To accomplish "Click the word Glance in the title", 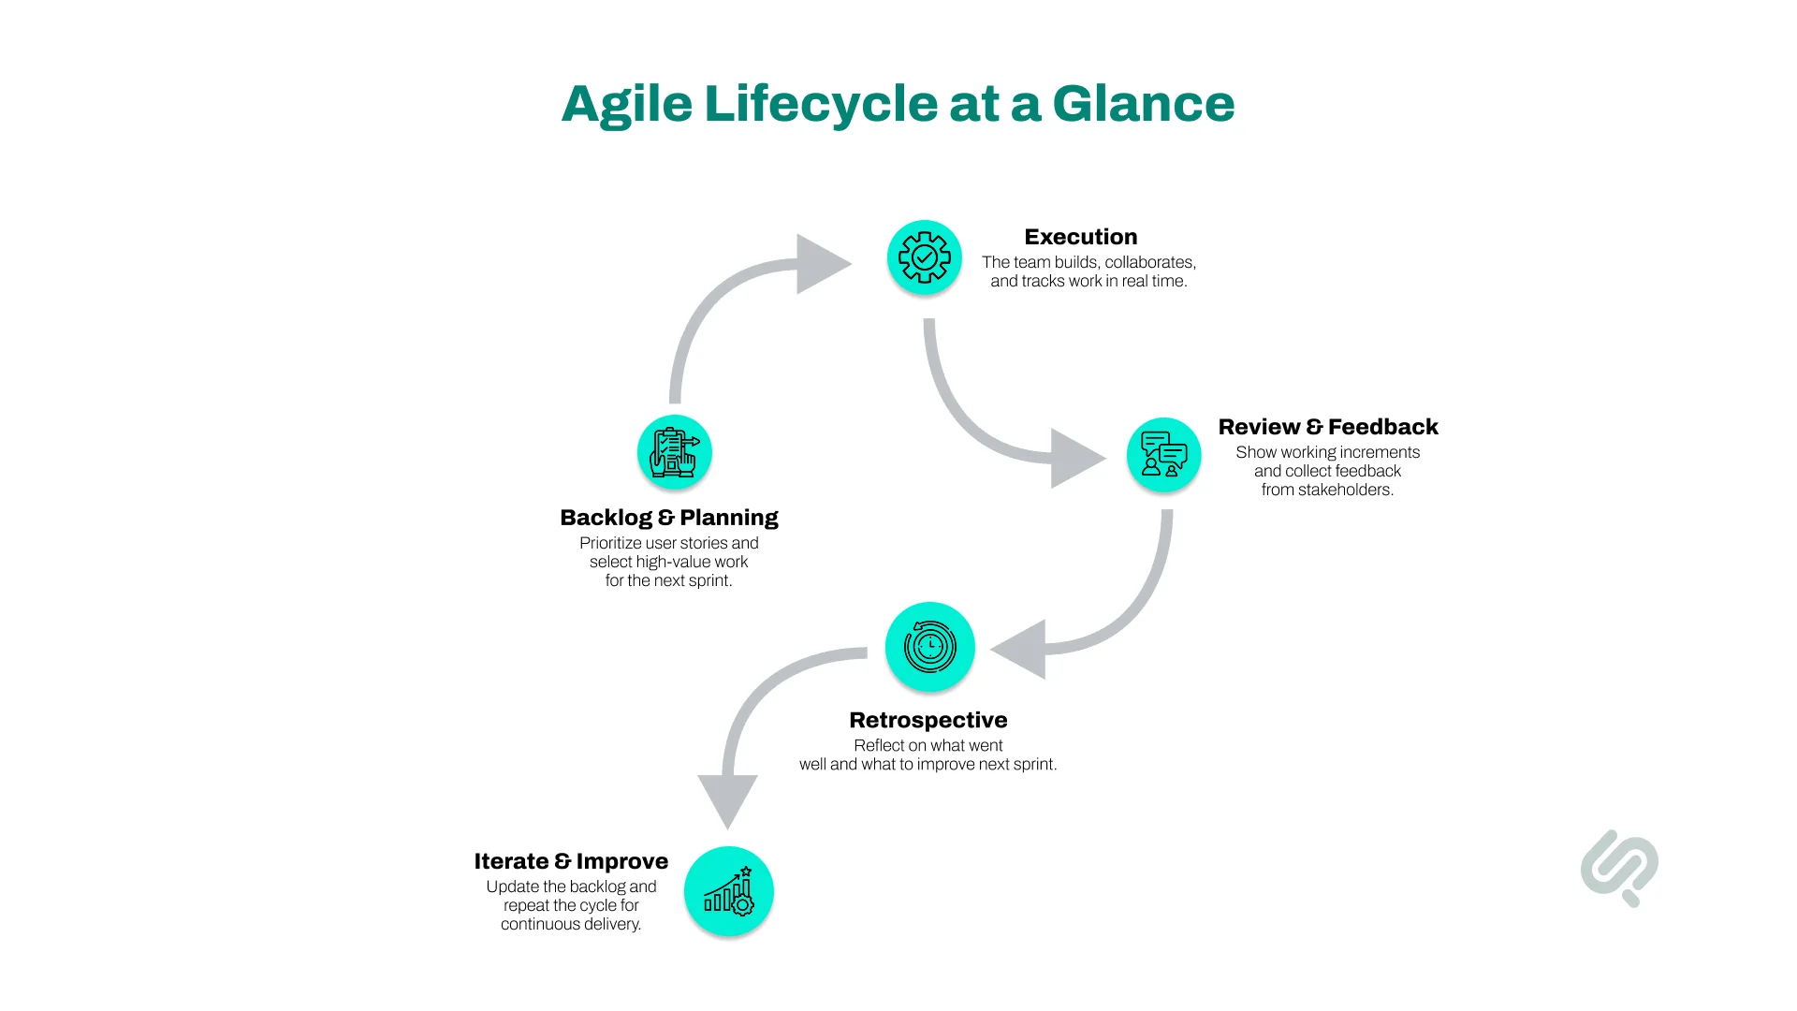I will pyautogui.click(x=1143, y=104).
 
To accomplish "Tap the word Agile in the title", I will pyautogui.click(x=626, y=104).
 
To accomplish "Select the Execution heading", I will pyautogui.click(x=1080, y=237).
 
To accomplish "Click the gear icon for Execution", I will pyautogui.click(x=924, y=257).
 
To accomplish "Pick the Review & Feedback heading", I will pyautogui.click(x=1327, y=427).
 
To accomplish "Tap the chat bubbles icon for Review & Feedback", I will pyautogui.click(x=1163, y=455).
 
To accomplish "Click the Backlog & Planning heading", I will pyautogui.click(x=668, y=518).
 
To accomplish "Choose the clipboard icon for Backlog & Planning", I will pyautogui.click(x=674, y=452).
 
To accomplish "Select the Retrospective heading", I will pyautogui.click(x=928, y=720).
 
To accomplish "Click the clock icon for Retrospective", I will pyautogui.click(x=929, y=647).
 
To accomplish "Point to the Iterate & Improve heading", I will pyautogui.click(x=571, y=861).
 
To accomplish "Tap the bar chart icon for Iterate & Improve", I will pyautogui.click(x=728, y=891).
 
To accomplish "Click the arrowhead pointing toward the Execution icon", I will pyautogui.click(x=820, y=264).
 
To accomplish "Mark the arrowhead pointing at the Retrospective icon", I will pyautogui.click(x=1021, y=649).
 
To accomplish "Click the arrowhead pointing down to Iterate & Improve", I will pyautogui.click(x=727, y=798).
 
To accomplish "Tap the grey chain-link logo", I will pyautogui.click(x=1619, y=868).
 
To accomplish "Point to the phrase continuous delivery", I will pyautogui.click(x=571, y=924).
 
